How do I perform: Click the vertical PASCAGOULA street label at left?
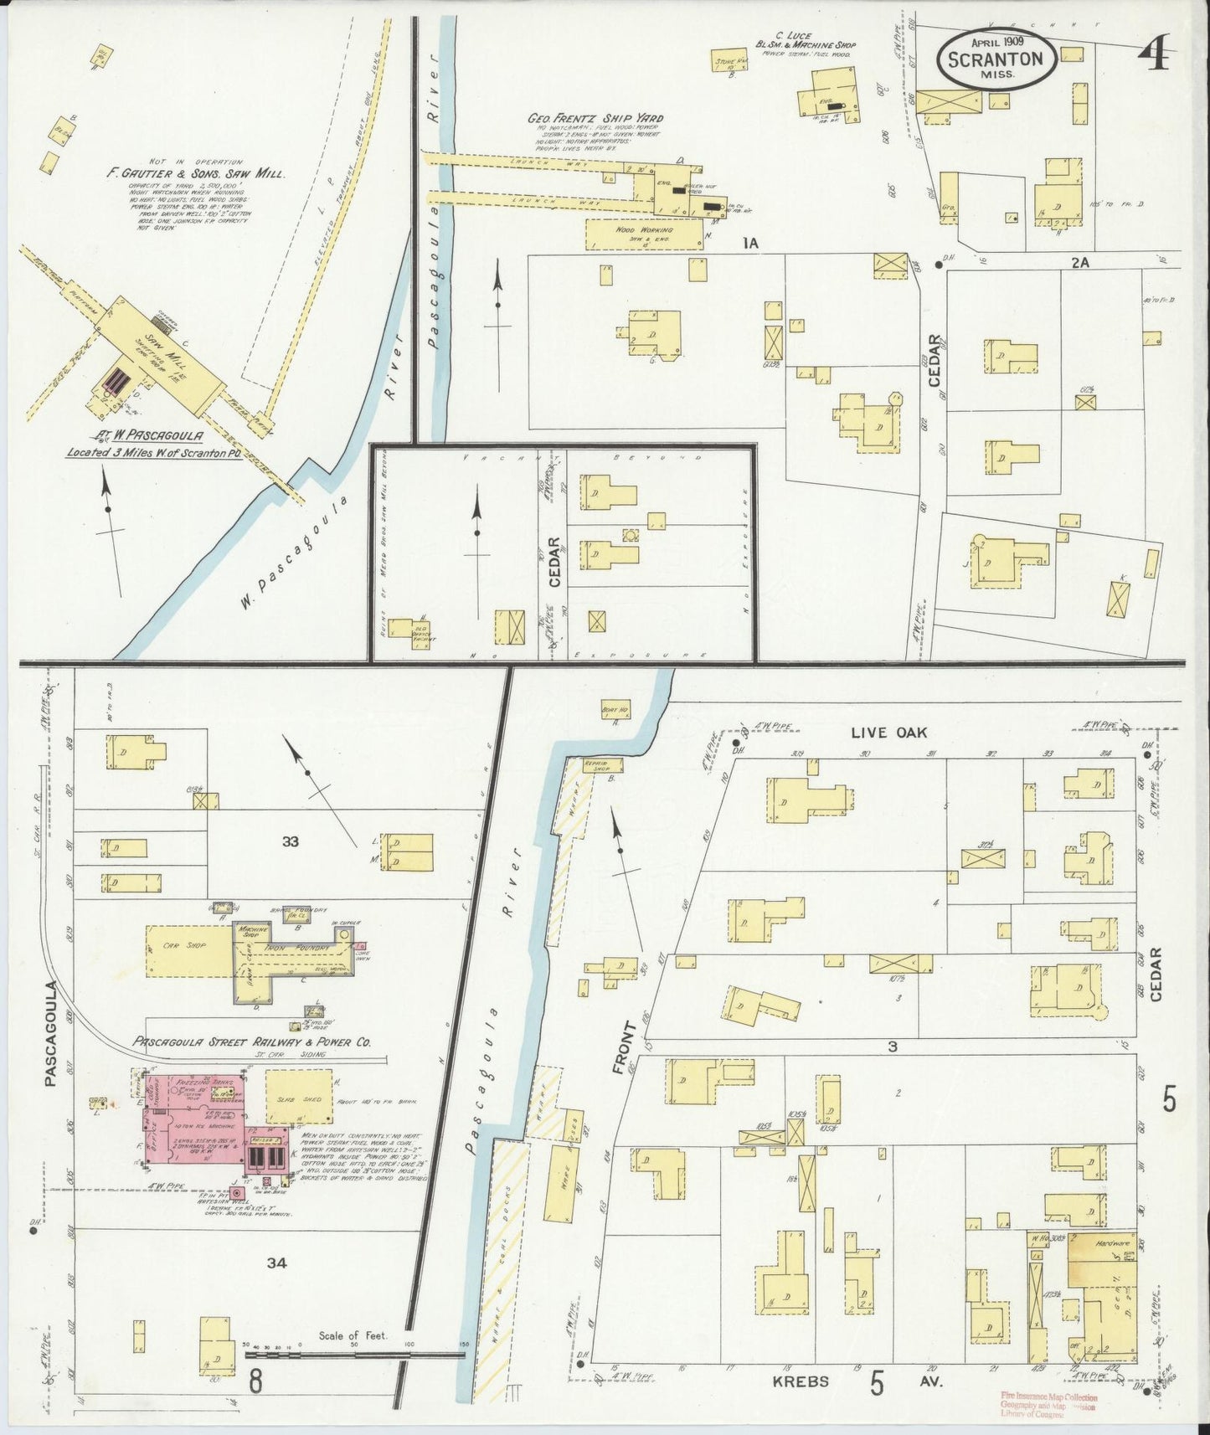(x=51, y=1033)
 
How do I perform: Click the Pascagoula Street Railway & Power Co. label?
(x=251, y=1043)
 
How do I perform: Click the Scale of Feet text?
(x=352, y=1335)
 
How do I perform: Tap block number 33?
(x=290, y=841)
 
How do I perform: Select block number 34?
(x=277, y=1263)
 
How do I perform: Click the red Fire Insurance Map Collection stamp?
(x=1048, y=1402)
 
